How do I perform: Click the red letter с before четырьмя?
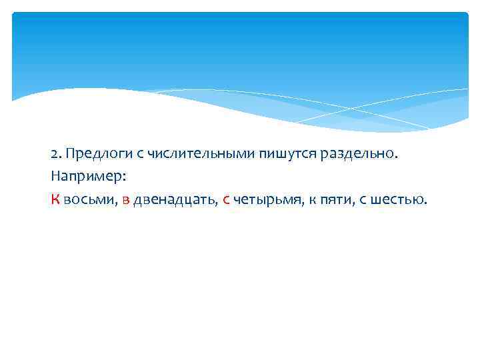point(227,200)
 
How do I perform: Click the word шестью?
point(397,200)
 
